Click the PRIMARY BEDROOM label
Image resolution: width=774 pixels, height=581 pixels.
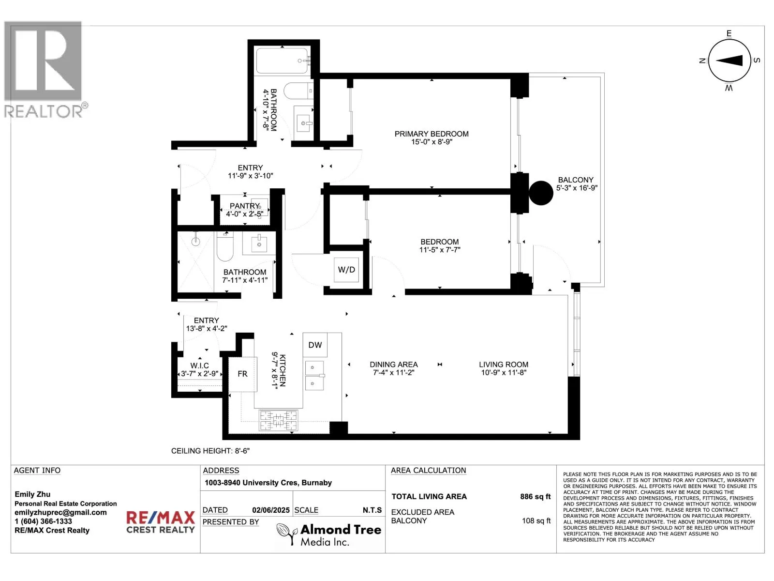pyautogui.click(x=432, y=134)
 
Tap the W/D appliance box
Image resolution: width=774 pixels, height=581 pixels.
pyautogui.click(x=346, y=270)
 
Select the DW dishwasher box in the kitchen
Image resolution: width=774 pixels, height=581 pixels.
pyautogui.click(x=315, y=345)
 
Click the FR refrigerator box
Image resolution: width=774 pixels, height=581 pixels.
pyautogui.click(x=242, y=374)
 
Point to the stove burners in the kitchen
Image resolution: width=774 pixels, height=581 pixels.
pyautogui.click(x=278, y=420)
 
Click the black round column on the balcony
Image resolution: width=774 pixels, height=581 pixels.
pyautogui.click(x=541, y=193)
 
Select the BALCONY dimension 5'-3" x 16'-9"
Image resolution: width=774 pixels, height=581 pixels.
pyautogui.click(x=577, y=188)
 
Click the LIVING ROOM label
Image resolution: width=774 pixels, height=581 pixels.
pyautogui.click(x=504, y=365)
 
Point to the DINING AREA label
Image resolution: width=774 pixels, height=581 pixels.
pyautogui.click(x=394, y=365)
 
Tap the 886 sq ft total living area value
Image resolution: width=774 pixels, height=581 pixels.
pyautogui.click(x=535, y=497)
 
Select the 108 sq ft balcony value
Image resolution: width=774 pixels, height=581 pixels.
pyautogui.click(x=536, y=521)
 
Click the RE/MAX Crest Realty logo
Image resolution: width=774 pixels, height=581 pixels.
pyautogui.click(x=161, y=522)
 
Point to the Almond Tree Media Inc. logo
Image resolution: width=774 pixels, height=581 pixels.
pyautogui.click(x=329, y=535)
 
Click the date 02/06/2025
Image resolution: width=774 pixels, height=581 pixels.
pyautogui.click(x=271, y=510)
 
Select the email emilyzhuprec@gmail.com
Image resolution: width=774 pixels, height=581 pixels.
pyautogui.click(x=60, y=513)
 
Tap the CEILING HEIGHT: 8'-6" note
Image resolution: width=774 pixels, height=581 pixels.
pyautogui.click(x=210, y=451)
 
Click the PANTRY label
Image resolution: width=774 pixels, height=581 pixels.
pyautogui.click(x=244, y=206)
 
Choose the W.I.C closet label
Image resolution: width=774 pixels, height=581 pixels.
pyautogui.click(x=199, y=366)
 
